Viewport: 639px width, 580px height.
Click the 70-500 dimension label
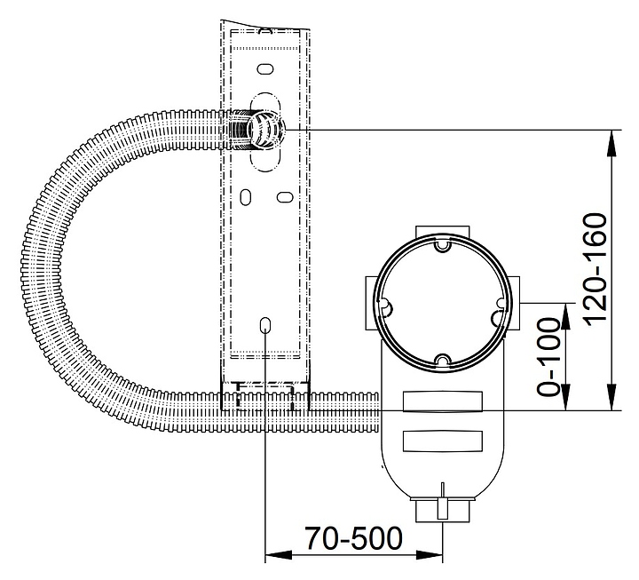pos(354,539)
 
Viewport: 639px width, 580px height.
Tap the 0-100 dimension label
pos(548,357)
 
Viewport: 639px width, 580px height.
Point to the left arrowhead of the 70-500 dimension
pos(279,555)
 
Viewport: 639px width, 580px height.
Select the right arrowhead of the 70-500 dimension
pos(430,555)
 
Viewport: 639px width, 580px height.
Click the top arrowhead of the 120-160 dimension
pos(611,143)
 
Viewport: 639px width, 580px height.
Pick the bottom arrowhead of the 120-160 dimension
pos(611,397)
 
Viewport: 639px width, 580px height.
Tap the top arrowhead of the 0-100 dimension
pos(566,316)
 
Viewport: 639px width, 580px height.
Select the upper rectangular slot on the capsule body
pos(443,401)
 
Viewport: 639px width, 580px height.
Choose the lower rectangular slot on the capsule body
pos(443,441)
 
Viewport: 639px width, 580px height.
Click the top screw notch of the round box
pos(442,245)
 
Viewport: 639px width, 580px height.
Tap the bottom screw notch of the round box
pos(442,360)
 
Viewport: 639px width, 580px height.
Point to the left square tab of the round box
pos(372,303)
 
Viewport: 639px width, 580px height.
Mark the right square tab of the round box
pos(513,303)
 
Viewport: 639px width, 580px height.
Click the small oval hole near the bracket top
pos(265,69)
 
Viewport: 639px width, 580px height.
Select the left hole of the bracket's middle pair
pos(245,197)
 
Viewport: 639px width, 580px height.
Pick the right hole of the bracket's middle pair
pos(285,197)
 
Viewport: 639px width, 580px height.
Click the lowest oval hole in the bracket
pos(265,325)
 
